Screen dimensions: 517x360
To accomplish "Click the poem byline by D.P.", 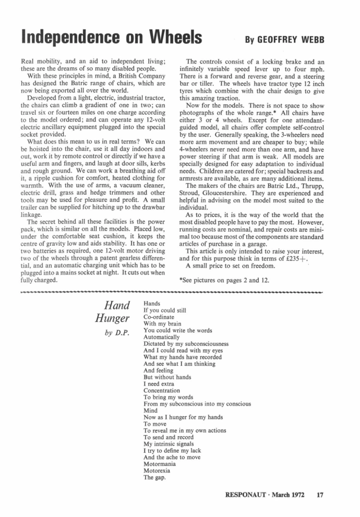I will pyautogui.click(x=116, y=333).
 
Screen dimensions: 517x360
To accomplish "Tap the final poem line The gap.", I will pyautogui.click(x=153, y=477).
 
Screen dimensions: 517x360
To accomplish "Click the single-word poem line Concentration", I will pyautogui.click(x=162, y=390).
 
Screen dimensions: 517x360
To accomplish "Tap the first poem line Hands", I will pyautogui.click(x=152, y=304).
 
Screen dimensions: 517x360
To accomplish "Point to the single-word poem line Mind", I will pyautogui.click(x=150, y=410).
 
